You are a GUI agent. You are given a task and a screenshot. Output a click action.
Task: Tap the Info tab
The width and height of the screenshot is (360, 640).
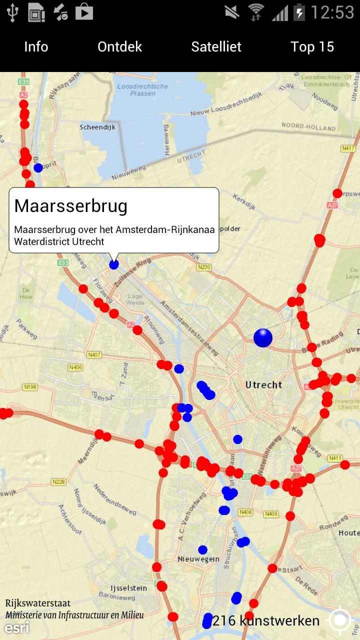[36, 47]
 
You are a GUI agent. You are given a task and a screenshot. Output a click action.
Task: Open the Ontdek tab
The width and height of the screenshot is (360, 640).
[120, 47]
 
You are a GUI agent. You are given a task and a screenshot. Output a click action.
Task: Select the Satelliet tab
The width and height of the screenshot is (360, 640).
[216, 47]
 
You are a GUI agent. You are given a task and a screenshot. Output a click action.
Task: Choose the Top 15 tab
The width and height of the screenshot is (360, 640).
[312, 47]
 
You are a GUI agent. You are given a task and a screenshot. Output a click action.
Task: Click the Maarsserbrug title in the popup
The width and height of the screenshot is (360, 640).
[71, 205]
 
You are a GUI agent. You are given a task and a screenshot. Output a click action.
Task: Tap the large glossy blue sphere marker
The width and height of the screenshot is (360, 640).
[263, 338]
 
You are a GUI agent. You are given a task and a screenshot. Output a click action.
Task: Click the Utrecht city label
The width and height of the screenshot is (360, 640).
[264, 384]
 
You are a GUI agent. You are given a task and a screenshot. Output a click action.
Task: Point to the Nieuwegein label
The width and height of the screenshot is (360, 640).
[198, 559]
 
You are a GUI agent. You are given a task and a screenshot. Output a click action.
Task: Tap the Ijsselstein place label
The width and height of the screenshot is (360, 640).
[128, 588]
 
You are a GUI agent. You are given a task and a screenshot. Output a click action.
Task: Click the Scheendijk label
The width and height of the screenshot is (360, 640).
[97, 127]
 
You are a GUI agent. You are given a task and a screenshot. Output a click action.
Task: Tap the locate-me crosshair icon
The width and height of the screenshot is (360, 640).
[340, 620]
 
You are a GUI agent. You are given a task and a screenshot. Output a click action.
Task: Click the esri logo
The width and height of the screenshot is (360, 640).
[17, 628]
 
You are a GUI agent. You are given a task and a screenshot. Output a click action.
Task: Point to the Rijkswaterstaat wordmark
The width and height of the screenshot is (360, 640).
[38, 603]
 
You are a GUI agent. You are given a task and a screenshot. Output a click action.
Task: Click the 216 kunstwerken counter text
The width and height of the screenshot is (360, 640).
[266, 621]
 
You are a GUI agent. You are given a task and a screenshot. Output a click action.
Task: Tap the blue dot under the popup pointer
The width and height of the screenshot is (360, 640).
[114, 264]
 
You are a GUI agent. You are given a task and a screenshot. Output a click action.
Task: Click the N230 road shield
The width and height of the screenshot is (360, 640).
[204, 267]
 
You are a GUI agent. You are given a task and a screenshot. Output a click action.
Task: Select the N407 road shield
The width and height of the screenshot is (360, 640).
[94, 355]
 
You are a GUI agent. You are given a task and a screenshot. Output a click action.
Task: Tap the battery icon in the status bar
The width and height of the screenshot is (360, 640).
[299, 12]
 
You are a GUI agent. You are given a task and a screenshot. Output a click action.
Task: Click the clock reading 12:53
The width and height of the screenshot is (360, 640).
[332, 12]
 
